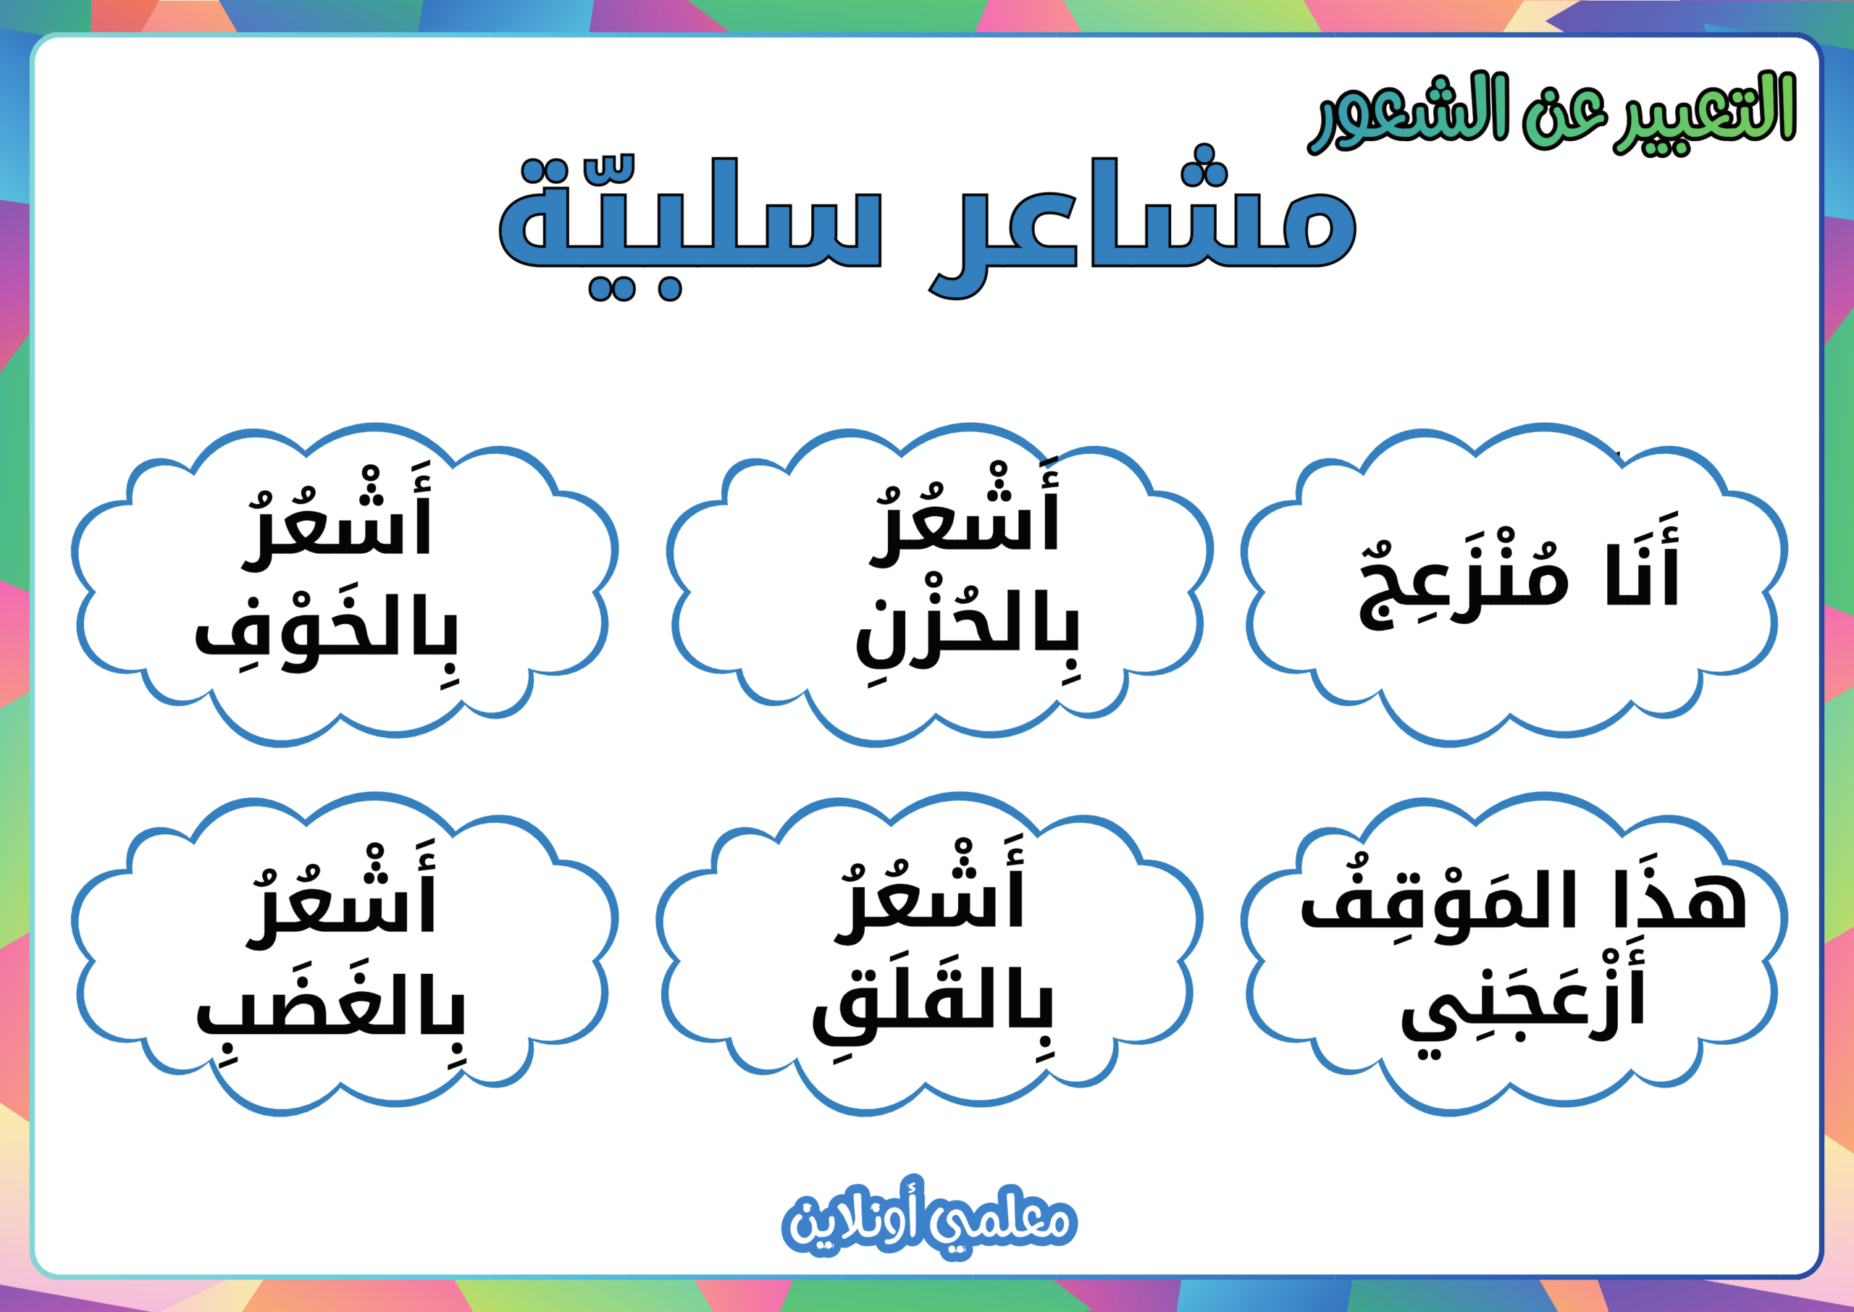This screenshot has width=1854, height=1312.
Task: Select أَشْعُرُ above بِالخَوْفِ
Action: tap(337, 517)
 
